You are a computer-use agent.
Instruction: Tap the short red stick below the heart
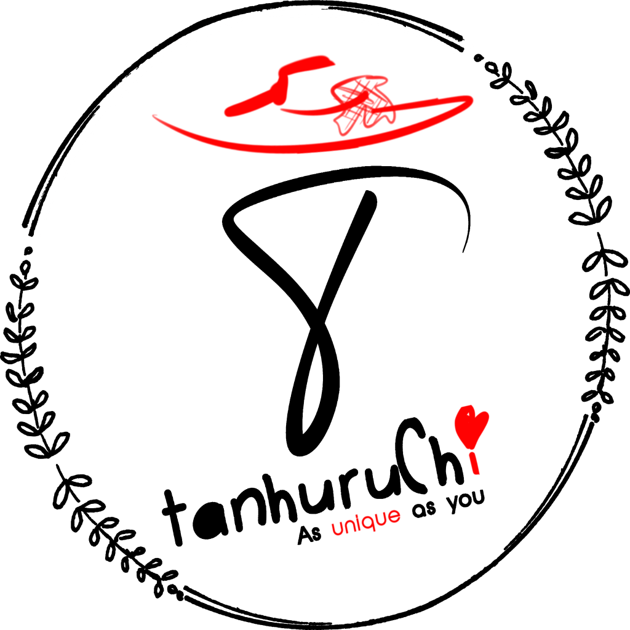(x=474, y=463)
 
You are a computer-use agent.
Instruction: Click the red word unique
(x=366, y=522)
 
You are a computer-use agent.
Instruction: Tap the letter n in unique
(x=348, y=527)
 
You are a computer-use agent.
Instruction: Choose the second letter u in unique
(x=381, y=519)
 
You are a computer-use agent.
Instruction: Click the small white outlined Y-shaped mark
(x=454, y=503)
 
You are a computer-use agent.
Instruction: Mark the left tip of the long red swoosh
(x=154, y=116)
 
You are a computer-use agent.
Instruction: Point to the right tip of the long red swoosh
(x=471, y=98)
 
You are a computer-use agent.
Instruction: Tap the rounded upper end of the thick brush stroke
(x=326, y=60)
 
